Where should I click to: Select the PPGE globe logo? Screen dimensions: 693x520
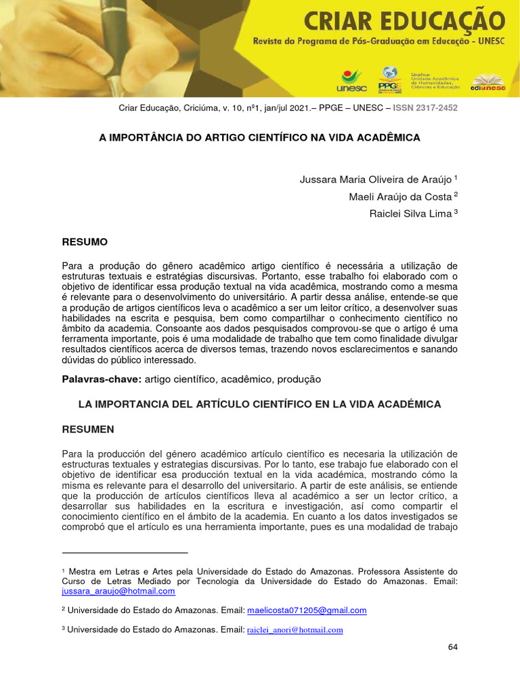[x=389, y=78]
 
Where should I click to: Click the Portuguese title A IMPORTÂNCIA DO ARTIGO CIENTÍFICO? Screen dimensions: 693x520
[x=260, y=137]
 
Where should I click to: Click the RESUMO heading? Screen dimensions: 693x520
[x=85, y=242]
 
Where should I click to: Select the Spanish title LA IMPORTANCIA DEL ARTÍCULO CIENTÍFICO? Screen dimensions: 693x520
[x=260, y=404]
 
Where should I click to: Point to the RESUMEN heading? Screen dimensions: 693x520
[x=88, y=429]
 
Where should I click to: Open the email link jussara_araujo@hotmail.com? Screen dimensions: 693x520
[x=118, y=591]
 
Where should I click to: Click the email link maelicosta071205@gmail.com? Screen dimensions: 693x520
[x=307, y=610]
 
